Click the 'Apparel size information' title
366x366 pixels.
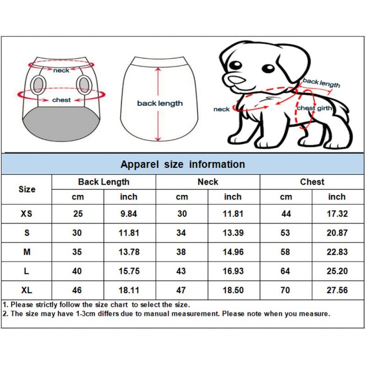pos(183,164)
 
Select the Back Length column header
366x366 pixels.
pos(104,182)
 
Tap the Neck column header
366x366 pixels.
pos(208,182)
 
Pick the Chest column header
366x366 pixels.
pos(312,182)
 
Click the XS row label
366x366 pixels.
pos(27,214)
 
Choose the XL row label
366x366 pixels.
pos(27,290)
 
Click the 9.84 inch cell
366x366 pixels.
pos(129,214)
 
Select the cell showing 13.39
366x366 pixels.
pos(232,233)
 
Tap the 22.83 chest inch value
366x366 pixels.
pos(337,252)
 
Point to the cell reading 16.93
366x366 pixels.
pos(232,271)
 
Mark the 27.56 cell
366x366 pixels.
pos(337,290)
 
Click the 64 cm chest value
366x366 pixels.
pos(285,271)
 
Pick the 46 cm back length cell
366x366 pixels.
pos(77,290)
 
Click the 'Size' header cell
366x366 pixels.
pos(27,189)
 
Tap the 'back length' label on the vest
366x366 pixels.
pos(160,103)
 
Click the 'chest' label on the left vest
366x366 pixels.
pos(61,100)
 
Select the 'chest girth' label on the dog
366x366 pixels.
pos(314,108)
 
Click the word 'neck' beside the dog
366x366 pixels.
pos(221,109)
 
